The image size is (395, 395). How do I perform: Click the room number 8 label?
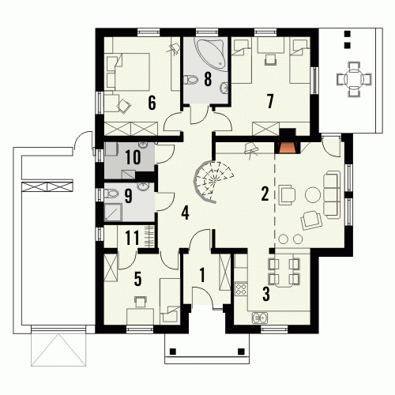coord(208,79)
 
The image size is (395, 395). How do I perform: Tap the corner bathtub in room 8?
coord(212,53)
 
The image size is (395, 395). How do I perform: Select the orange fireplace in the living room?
coord(287,147)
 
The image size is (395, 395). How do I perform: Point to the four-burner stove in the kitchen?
coord(241,288)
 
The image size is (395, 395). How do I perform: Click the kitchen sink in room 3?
coord(260,318)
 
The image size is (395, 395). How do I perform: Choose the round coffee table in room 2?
coord(313,194)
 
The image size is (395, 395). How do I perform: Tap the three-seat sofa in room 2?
coord(332,194)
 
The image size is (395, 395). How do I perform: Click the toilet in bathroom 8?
coord(190,79)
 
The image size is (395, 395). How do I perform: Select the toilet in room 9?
coord(111,194)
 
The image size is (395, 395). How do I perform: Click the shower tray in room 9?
coord(113,213)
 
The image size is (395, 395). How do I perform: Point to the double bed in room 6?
coord(129,72)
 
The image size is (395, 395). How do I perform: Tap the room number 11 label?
coord(133,238)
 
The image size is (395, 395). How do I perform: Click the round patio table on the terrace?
coord(354,78)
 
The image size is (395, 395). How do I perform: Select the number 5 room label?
coord(137,279)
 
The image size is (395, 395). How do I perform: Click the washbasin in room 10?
coord(143,145)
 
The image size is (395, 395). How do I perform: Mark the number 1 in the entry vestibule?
coord(202,275)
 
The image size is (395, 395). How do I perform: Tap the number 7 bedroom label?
coord(270,101)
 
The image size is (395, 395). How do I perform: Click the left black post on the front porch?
coord(173,352)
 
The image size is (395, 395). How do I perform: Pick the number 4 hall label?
coord(185,213)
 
